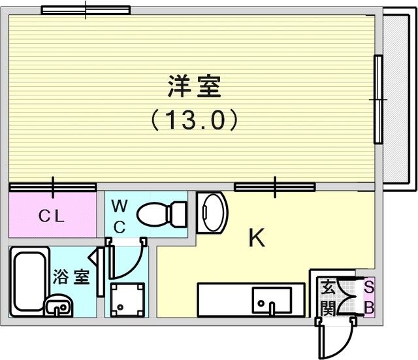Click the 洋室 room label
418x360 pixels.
click(195, 87)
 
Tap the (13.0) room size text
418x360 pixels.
click(195, 120)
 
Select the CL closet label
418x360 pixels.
click(52, 216)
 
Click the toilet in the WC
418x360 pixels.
click(161, 214)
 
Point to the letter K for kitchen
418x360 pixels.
click(257, 237)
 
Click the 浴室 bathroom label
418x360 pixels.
click(71, 276)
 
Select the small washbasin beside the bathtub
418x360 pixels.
click(59, 306)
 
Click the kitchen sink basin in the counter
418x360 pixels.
click(272, 301)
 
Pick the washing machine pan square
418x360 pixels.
click(128, 300)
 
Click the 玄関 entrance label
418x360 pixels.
click(328, 297)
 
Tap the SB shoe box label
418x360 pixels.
click(369, 297)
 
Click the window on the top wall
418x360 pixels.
click(86, 10)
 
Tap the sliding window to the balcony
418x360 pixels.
click(378, 99)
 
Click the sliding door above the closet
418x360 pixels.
click(52, 187)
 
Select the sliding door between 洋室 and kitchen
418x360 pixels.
click(275, 187)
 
